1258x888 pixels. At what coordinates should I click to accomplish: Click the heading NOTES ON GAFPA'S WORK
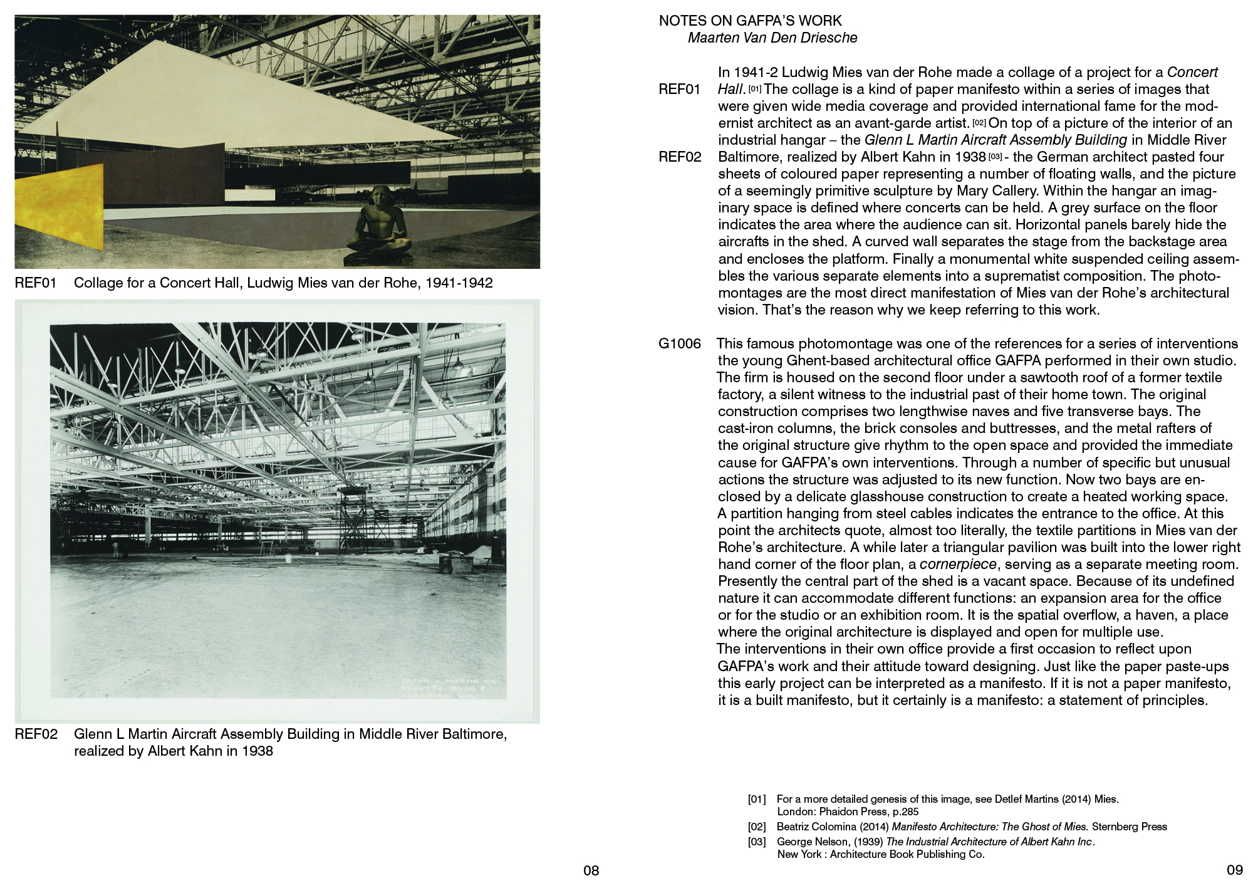coord(750,21)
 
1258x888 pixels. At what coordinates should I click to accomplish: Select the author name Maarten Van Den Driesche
coord(772,38)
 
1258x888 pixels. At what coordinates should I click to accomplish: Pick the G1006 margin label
coord(679,343)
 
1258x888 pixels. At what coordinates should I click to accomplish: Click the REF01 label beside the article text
coord(679,89)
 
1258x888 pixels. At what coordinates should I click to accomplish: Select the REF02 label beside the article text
coord(679,157)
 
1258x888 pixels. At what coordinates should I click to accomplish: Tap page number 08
coord(591,870)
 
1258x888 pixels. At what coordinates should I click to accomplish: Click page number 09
coord(1234,870)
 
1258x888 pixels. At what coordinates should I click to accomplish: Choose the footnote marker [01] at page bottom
coord(757,799)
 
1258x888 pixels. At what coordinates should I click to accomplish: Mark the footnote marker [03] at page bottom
coord(757,842)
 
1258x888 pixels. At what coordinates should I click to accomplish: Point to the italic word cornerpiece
coord(957,564)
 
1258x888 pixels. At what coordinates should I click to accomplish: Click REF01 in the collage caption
coord(36,283)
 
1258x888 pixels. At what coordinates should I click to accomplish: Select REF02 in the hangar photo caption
coord(36,734)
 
